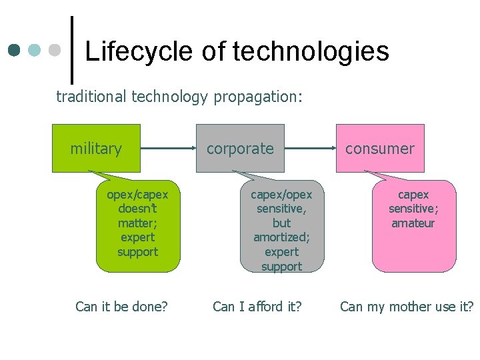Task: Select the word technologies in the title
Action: pyautogui.click(x=311, y=51)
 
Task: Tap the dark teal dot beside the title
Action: pyautogui.click(x=15, y=50)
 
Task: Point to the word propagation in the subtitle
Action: pyautogui.click(x=258, y=97)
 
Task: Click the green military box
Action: pyautogui.click(x=97, y=148)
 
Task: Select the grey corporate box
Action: pyautogui.click(x=240, y=148)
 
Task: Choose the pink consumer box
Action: pyautogui.click(x=380, y=148)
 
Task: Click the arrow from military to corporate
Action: pyautogui.click(x=168, y=148)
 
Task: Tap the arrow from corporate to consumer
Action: pyautogui.click(x=310, y=148)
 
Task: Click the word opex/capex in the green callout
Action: pyautogui.click(x=137, y=195)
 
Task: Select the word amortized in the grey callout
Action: pyautogui.click(x=281, y=237)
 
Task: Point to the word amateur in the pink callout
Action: pyautogui.click(x=413, y=223)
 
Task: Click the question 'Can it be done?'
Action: pyautogui.click(x=121, y=307)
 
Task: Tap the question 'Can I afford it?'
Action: pyautogui.click(x=257, y=307)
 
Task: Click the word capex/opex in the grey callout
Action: pyautogui.click(x=281, y=195)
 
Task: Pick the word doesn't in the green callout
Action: pyautogui.click(x=137, y=209)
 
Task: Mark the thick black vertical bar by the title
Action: pyautogui.click(x=71, y=50)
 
